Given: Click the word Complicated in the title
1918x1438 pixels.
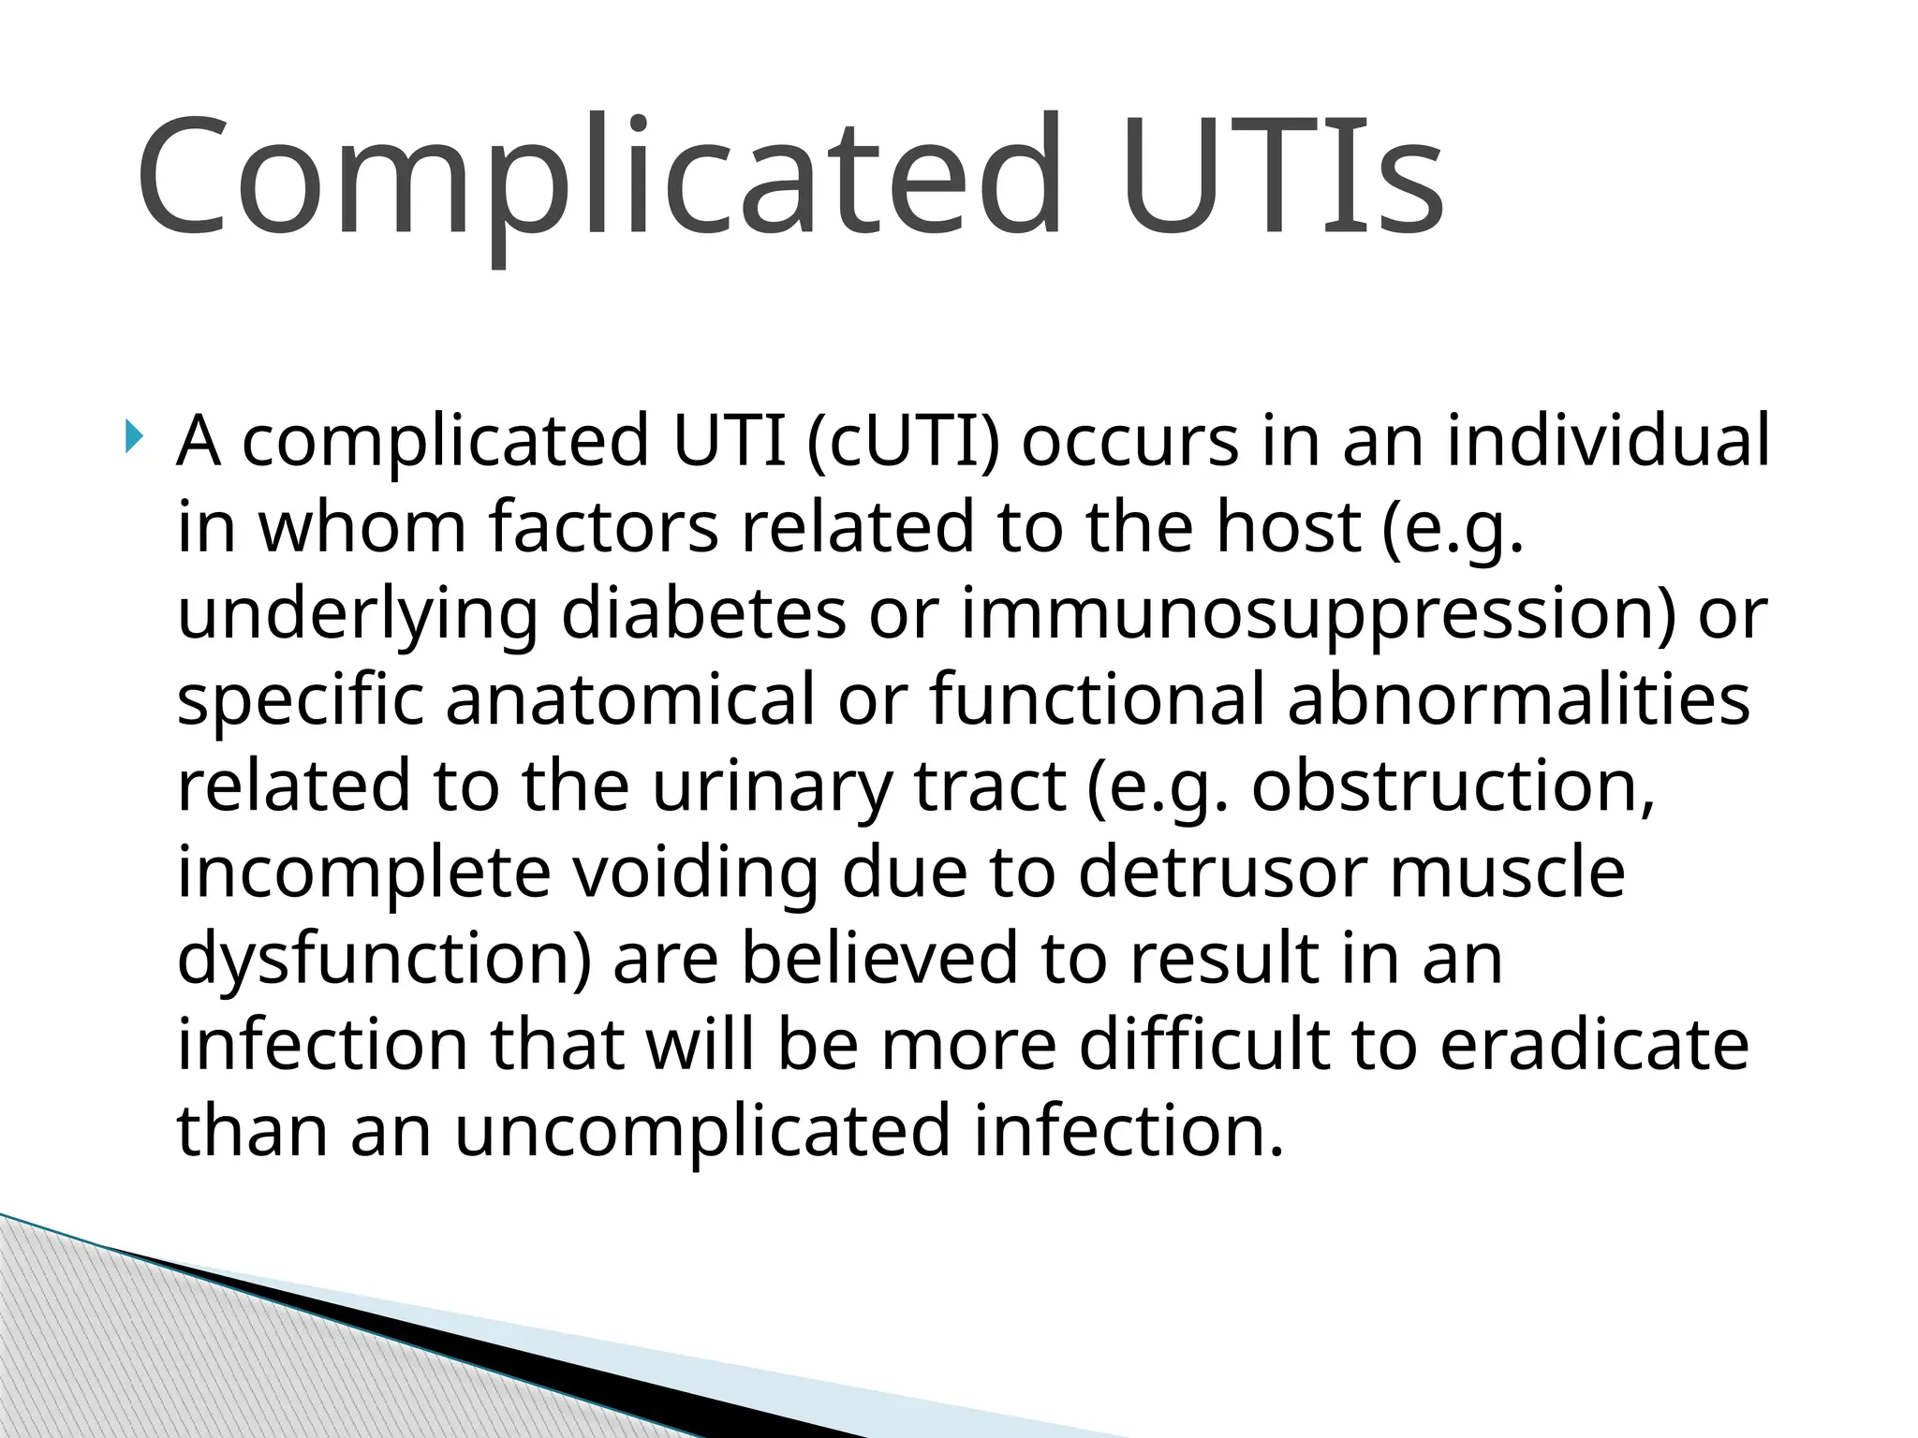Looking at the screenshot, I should [x=599, y=178].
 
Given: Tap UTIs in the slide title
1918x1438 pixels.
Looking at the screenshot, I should [x=1283, y=178].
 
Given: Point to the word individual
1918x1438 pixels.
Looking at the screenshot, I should [x=1609, y=440].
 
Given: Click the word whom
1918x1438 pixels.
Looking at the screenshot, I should [x=361, y=526].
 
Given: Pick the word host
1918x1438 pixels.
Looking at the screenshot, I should [x=1288, y=526].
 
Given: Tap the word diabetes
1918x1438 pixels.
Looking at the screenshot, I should [x=703, y=613].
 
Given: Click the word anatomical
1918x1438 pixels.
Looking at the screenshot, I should [x=630, y=699].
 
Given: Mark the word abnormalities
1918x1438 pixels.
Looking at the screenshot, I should [x=1518, y=699].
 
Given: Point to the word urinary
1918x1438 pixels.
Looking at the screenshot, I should [x=772, y=786].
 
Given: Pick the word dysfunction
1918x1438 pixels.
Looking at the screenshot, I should [x=384, y=960].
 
